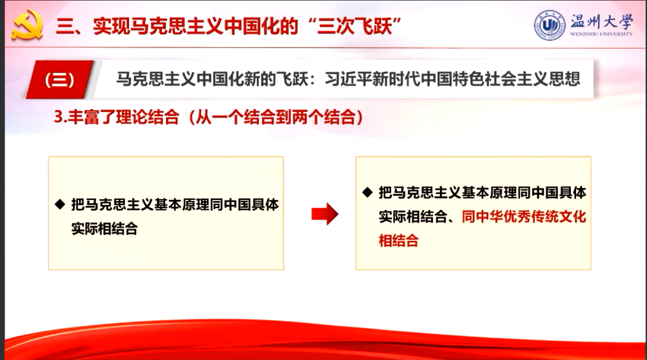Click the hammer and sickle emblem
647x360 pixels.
[27, 25]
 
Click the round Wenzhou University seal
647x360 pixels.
[549, 25]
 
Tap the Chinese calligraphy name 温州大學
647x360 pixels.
[601, 21]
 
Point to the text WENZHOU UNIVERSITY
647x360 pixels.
[601, 34]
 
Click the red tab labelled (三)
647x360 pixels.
[60, 79]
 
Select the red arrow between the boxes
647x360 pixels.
[325, 213]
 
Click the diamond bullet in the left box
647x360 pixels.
[60, 204]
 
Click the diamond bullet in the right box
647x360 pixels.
[367, 192]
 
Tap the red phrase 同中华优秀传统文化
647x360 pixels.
[524, 216]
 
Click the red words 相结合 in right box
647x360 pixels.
[399, 240]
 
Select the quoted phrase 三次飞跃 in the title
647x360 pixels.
[354, 26]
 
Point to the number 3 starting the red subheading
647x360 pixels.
[58, 117]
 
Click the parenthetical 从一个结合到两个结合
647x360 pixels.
[275, 117]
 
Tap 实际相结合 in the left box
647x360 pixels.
[104, 229]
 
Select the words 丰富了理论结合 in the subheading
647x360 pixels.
[123, 117]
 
